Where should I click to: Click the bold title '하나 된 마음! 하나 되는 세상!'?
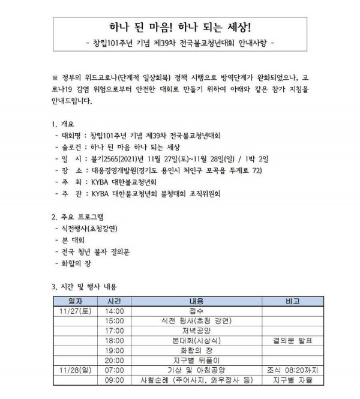point(180,27)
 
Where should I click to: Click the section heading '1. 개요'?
point(65,124)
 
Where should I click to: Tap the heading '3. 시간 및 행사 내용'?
point(88,286)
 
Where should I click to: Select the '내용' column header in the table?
point(196,301)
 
